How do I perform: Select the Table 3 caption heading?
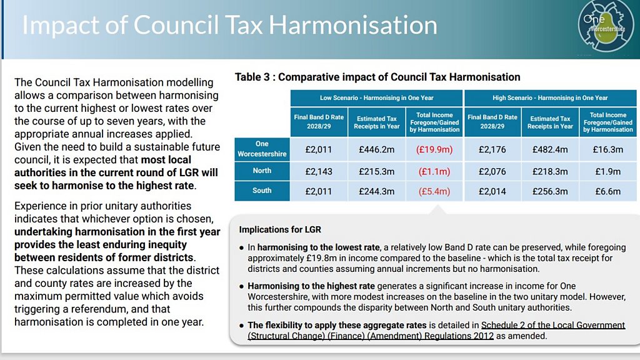click(x=377, y=77)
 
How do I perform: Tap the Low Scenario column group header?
click(x=376, y=97)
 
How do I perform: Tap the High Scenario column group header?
click(x=550, y=97)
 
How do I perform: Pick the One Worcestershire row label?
click(x=262, y=149)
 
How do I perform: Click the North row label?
click(x=262, y=171)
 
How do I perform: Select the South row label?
click(x=262, y=191)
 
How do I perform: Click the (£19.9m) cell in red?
click(x=434, y=150)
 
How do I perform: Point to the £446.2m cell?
click(x=376, y=150)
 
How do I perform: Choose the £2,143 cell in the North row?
click(x=319, y=171)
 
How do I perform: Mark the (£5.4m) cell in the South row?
click(x=434, y=191)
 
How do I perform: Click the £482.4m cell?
click(x=550, y=150)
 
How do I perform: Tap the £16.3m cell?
click(x=607, y=150)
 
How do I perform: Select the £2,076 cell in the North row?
click(x=492, y=171)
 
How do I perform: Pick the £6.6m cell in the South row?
click(x=607, y=191)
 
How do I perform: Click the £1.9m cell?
click(x=607, y=171)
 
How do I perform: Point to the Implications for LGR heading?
click(x=280, y=230)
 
